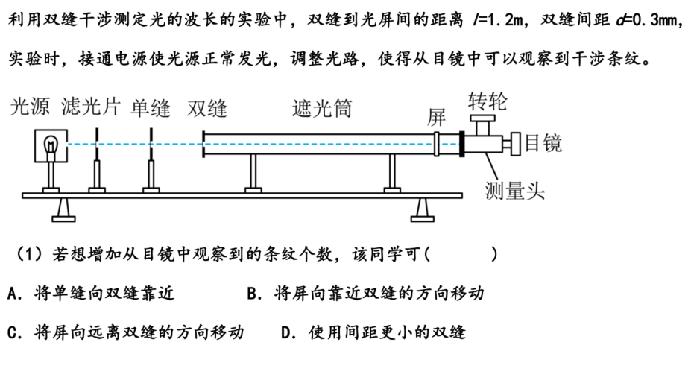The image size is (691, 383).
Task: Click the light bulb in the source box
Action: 51,145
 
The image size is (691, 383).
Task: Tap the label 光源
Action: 30,107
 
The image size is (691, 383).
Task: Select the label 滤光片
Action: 91,107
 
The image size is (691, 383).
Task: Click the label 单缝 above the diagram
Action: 151,109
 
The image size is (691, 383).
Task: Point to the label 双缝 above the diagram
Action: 207,109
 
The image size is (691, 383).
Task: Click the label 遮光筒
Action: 322,109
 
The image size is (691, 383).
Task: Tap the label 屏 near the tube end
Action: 436,117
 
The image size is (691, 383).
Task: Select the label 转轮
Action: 488,101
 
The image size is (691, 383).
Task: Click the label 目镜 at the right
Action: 543,143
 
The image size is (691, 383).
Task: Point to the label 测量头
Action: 515,191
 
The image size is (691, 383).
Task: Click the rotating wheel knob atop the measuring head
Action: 482,124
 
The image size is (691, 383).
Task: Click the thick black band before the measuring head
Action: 462,144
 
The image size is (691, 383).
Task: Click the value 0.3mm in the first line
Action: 655,20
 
